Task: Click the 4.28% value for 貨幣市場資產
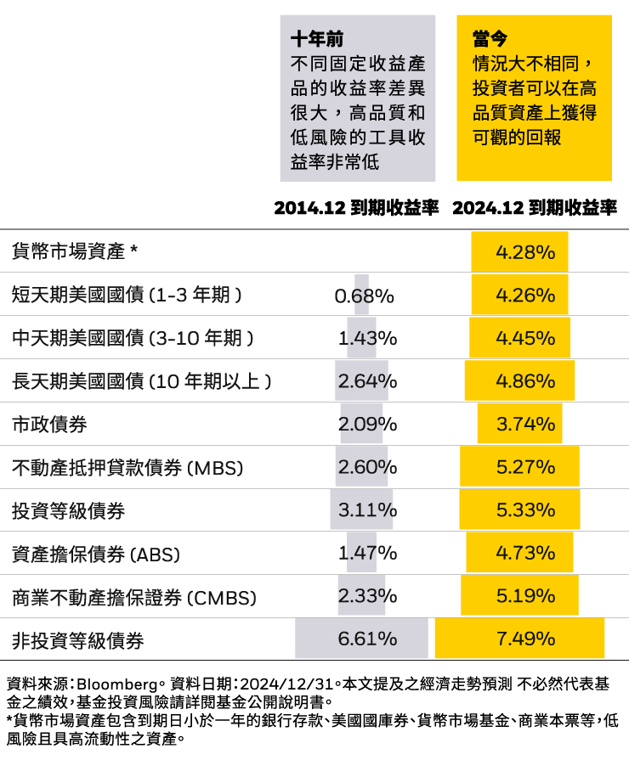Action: [x=525, y=252]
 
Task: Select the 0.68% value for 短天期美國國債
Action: [x=364, y=296]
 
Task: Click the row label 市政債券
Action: [x=49, y=424]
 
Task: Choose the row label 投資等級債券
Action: [x=68, y=510]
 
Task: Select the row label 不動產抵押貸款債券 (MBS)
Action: [x=127, y=467]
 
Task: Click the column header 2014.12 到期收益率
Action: [x=356, y=208]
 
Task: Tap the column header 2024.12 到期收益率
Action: [x=534, y=208]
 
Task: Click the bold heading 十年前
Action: [x=317, y=38]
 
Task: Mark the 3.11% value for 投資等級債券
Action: [x=367, y=510]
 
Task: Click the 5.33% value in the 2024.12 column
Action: [x=525, y=510]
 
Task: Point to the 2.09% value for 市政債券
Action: [x=367, y=424]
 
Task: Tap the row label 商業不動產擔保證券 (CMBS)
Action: [x=134, y=597]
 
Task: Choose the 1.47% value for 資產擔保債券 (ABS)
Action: [x=367, y=554]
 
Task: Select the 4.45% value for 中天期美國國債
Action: [x=525, y=338]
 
